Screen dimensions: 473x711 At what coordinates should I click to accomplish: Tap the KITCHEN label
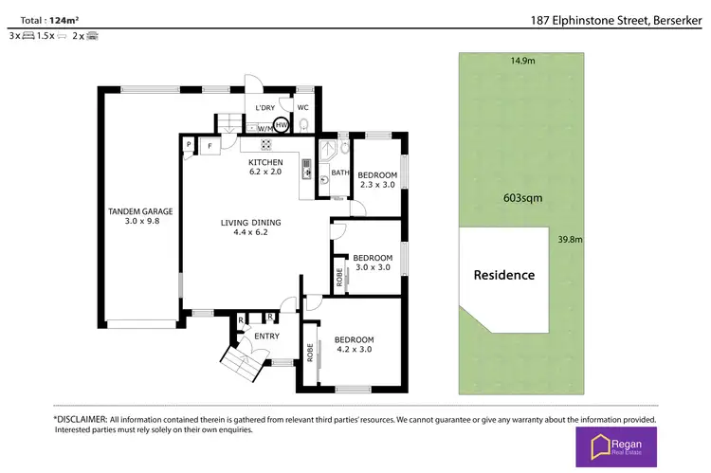tap(265, 161)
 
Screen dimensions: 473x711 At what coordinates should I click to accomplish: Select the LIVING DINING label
tap(250, 223)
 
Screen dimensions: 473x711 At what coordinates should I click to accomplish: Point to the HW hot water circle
tap(282, 124)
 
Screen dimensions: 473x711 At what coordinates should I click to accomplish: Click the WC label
tap(303, 108)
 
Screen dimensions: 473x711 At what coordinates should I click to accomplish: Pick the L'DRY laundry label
tap(264, 108)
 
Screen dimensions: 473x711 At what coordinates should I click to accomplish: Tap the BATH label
tap(339, 173)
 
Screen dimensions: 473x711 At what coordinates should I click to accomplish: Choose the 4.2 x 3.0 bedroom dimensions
tap(354, 349)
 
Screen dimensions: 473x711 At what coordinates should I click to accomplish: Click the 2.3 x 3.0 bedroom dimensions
tap(378, 185)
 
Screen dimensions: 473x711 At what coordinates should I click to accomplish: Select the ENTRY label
tap(266, 336)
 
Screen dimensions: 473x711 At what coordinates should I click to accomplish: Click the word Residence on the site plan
tap(503, 275)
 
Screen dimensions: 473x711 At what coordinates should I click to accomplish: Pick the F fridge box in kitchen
tap(206, 146)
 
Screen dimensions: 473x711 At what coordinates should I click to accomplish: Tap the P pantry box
tap(189, 146)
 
